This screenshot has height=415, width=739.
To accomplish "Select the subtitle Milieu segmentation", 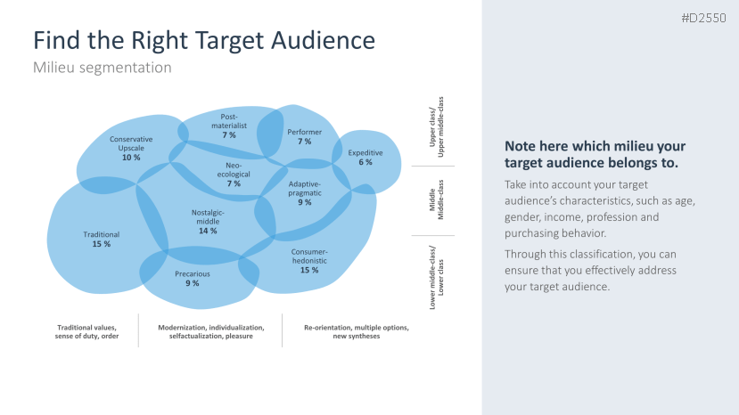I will (x=102, y=67).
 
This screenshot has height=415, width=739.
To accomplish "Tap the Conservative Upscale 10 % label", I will (x=131, y=148).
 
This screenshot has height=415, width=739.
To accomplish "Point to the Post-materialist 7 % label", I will (x=229, y=126).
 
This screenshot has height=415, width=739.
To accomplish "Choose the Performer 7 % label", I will (x=304, y=136).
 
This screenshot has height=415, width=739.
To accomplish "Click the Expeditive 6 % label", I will (x=365, y=157).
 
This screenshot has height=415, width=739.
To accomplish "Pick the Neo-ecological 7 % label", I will (x=234, y=174).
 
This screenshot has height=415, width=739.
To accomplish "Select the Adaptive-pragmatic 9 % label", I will (x=305, y=192).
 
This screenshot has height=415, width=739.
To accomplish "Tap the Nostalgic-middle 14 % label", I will (x=208, y=221).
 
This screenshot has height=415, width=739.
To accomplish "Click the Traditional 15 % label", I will (x=102, y=239).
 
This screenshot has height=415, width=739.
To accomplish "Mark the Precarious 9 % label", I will (x=193, y=278).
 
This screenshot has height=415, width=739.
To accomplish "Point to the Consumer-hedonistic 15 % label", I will (x=309, y=260).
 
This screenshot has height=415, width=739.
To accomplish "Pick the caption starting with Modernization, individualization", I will (x=211, y=331).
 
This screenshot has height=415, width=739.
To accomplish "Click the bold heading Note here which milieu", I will (x=595, y=154).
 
